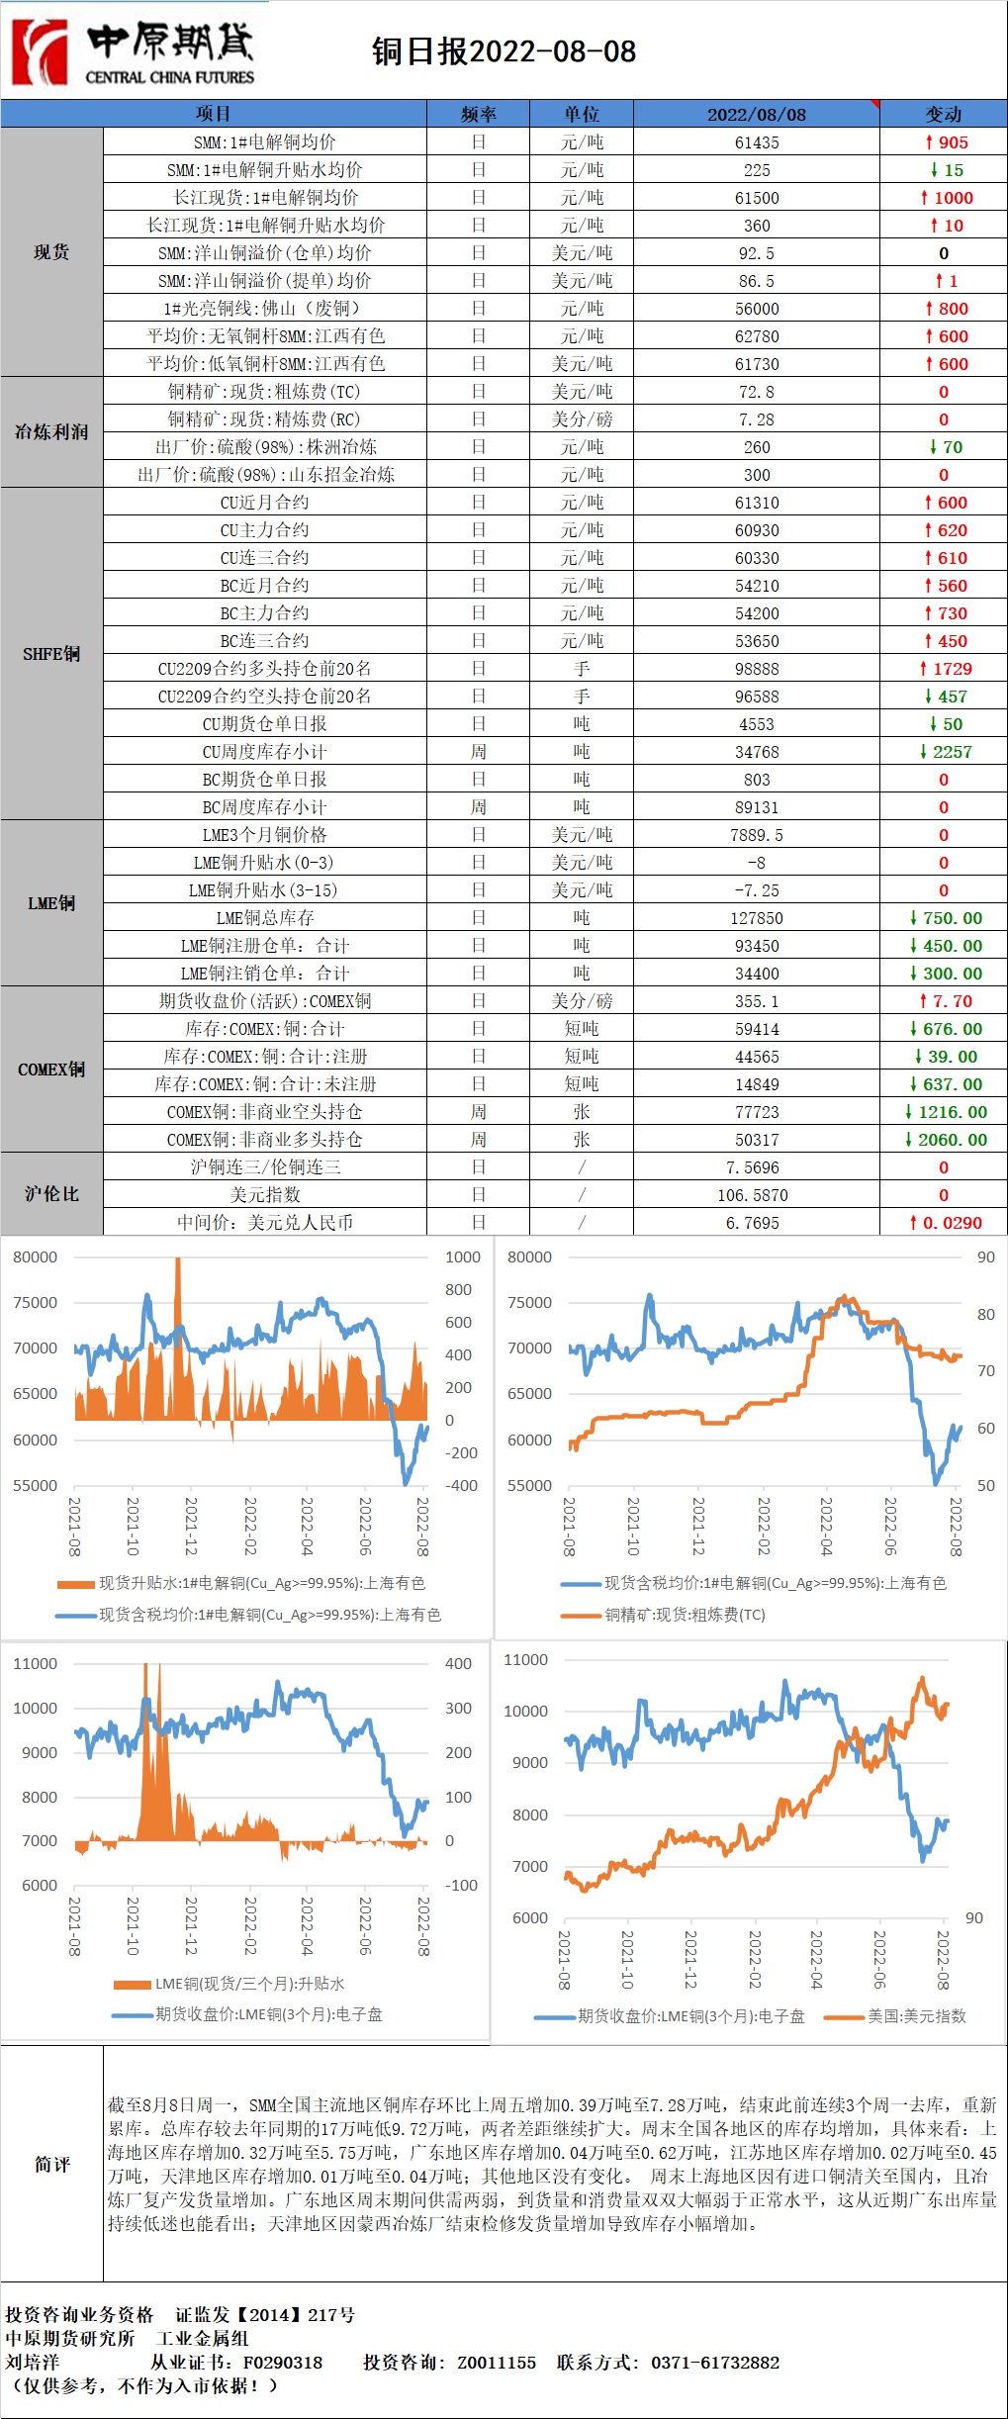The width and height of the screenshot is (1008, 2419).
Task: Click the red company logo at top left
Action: click(40, 51)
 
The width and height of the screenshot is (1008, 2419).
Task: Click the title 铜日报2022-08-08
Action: click(504, 51)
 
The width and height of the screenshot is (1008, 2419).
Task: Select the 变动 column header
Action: click(943, 114)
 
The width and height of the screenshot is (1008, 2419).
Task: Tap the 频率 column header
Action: click(479, 114)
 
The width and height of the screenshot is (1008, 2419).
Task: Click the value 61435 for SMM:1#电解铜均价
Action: click(757, 142)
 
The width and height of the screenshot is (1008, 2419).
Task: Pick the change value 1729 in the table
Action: click(947, 669)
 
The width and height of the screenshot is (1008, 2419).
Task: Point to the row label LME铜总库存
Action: click(265, 918)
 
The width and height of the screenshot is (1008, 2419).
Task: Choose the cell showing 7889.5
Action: click(757, 835)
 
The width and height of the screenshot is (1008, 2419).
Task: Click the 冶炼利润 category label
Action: click(51, 432)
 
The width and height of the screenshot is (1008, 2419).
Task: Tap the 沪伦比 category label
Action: click(51, 1194)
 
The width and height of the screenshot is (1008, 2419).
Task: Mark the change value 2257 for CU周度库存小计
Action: click(947, 752)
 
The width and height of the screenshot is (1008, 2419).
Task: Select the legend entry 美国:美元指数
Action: click(916, 2016)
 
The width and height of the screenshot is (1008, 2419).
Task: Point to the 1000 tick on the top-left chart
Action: click(463, 1257)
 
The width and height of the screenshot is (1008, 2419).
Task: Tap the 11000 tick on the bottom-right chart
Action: click(525, 1660)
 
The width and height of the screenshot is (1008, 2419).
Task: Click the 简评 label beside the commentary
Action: click(51, 2164)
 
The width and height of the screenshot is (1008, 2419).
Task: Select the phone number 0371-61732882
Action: click(715, 2362)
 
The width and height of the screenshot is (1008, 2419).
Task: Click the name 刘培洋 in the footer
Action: click(33, 2362)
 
